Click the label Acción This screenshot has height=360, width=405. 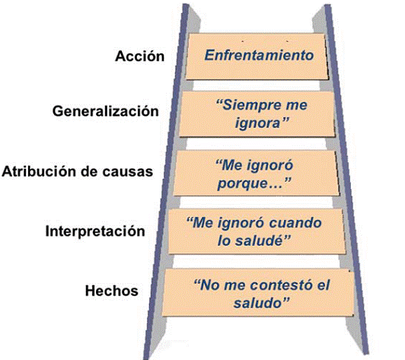[x=140, y=56]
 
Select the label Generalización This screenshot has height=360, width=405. [x=106, y=111]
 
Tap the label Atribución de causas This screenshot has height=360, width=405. [x=78, y=171]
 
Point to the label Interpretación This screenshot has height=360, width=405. [x=95, y=231]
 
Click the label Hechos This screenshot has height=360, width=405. [x=112, y=291]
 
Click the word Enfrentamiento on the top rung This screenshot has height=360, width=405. [x=259, y=56]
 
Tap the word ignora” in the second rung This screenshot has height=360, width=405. [x=262, y=123]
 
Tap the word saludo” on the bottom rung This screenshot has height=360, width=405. [x=261, y=303]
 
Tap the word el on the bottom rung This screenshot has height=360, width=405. [x=324, y=285]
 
